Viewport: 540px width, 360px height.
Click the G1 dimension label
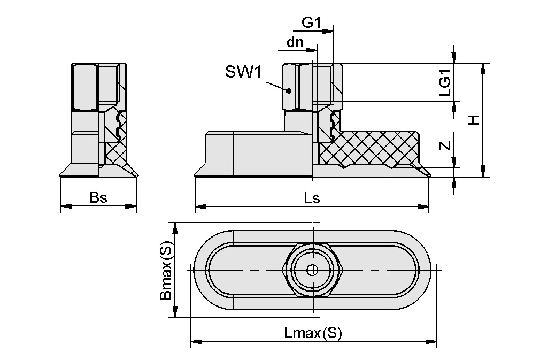[x=311, y=22]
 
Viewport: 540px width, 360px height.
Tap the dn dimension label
[x=295, y=42]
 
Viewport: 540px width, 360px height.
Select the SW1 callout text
[x=243, y=72]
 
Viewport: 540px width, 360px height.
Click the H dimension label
[x=473, y=120]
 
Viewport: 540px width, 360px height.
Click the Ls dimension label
[x=312, y=198]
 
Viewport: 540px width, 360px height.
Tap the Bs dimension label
[x=98, y=197]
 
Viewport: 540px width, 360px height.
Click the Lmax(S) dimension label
[x=313, y=334]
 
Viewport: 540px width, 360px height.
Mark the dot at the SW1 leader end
[x=289, y=90]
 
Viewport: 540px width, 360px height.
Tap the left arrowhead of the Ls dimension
[x=199, y=205]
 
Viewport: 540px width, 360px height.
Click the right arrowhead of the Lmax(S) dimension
[x=433, y=341]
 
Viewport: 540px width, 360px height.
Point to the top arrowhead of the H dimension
[x=483, y=67]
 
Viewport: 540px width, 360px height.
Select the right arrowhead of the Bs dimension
[x=132, y=205]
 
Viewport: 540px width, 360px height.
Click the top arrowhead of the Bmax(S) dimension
[x=174, y=227]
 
